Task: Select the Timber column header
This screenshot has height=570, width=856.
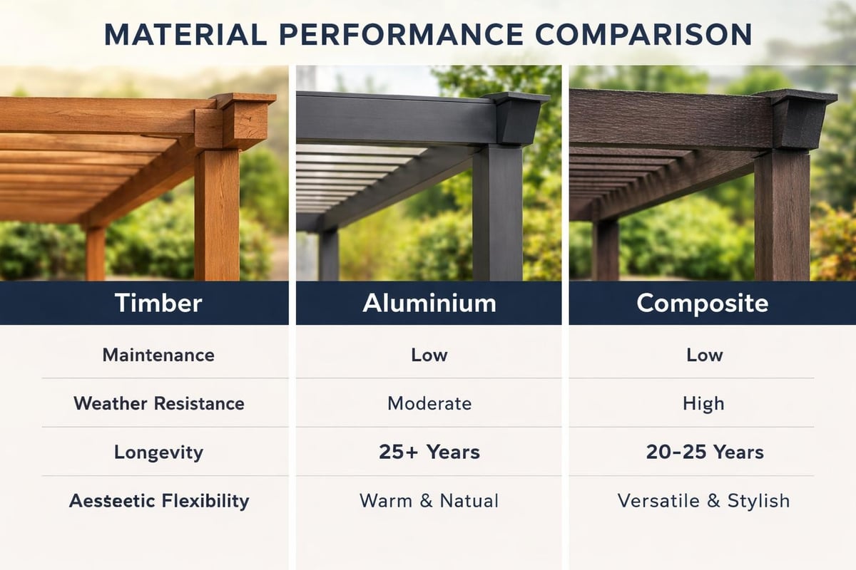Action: (158, 303)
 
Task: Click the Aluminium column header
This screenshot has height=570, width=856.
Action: (429, 303)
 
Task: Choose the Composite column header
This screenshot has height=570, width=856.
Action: (702, 303)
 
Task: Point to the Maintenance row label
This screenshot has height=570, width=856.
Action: (158, 355)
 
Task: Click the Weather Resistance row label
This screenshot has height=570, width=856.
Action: (158, 403)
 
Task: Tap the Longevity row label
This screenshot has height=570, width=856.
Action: (158, 452)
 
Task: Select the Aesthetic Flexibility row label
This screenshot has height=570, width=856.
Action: (158, 500)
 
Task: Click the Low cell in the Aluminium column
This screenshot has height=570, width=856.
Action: (429, 355)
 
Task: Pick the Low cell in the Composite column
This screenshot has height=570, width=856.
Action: (704, 355)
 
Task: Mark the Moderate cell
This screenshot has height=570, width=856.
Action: (429, 403)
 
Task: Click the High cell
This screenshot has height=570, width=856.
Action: (703, 403)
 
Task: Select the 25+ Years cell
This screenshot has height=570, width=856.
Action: (429, 452)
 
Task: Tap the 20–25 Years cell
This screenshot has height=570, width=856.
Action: (704, 452)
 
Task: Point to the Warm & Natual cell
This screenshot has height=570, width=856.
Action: (429, 500)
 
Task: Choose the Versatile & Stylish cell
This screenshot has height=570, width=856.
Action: (703, 500)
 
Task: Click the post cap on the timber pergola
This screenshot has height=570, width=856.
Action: (244, 118)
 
